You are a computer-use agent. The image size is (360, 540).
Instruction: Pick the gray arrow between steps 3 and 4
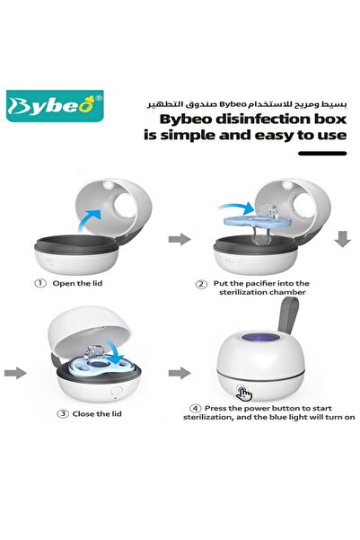[180, 370]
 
